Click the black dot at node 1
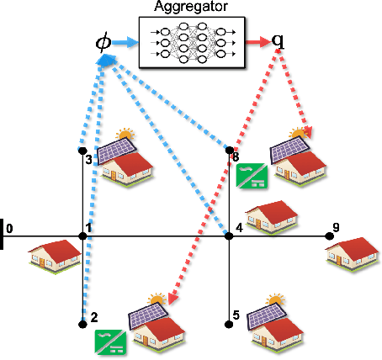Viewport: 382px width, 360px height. click(83, 236)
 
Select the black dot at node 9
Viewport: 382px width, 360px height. click(329, 236)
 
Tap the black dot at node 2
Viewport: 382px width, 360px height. click(83, 324)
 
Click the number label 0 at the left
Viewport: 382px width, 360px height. click(8, 227)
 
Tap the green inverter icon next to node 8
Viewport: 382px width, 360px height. click(252, 176)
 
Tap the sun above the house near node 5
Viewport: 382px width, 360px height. click(273, 299)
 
